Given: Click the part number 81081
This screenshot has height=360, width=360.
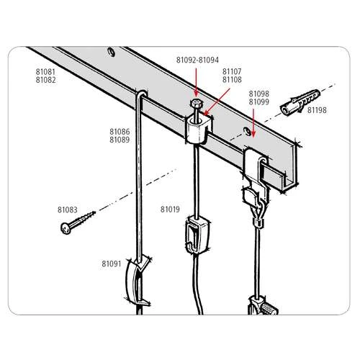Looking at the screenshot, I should tap(47, 72).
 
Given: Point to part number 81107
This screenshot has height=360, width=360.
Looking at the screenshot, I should tap(232, 72).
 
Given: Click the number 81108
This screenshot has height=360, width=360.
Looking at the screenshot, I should tap(232, 80).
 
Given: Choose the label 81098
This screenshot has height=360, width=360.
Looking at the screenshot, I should tap(258, 94).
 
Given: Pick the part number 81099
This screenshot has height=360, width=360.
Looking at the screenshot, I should tap(258, 102).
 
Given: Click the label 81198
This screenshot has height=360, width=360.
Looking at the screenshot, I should tap(317, 110).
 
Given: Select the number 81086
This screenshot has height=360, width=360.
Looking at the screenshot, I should tap(120, 132).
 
